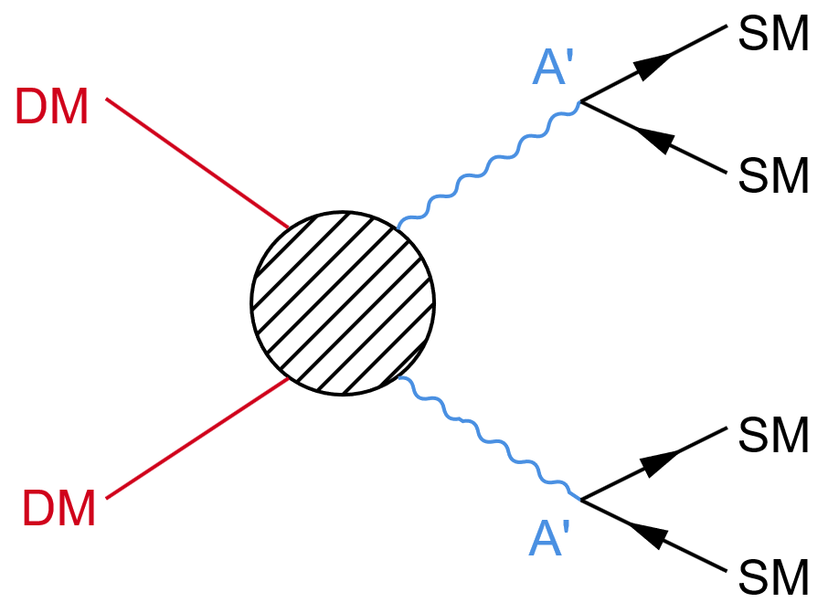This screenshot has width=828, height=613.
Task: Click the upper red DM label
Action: point(52,109)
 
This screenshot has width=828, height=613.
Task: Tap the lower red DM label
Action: point(58,509)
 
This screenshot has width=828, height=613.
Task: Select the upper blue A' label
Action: point(552,70)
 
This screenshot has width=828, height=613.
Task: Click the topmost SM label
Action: point(773,36)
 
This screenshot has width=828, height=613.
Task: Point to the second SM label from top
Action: point(773,175)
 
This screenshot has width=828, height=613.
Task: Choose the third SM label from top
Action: point(773,435)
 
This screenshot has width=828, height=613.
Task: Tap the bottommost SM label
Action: point(773,577)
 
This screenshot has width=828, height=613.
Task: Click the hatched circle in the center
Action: point(343,302)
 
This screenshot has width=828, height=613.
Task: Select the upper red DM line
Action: point(197,163)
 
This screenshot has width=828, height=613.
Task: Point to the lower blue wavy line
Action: point(488,439)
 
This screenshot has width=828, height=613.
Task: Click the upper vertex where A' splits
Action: point(581,101)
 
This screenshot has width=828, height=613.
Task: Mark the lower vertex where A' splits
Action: point(581,500)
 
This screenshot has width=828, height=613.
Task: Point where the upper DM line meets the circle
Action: point(289,227)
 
